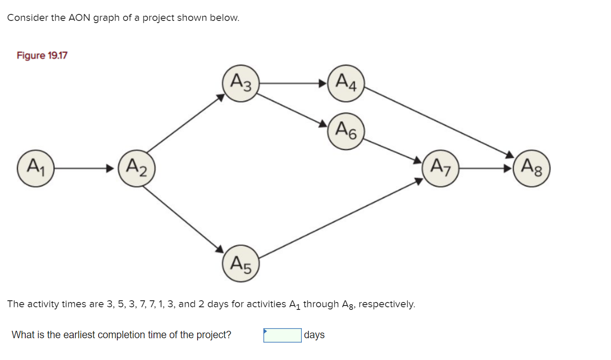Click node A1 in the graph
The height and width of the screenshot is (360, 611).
point(35,168)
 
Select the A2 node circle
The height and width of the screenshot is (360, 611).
point(137,168)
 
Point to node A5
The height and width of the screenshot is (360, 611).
point(241,264)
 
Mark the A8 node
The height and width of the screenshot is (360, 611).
point(532,168)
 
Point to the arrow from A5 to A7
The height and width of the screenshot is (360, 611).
point(340,218)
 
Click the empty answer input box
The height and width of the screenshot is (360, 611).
point(282,335)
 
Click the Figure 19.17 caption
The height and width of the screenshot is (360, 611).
point(42,56)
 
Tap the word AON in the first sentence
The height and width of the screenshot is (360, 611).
point(79,18)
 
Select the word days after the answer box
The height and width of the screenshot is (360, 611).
point(314,335)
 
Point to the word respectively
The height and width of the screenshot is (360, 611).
point(386,304)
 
